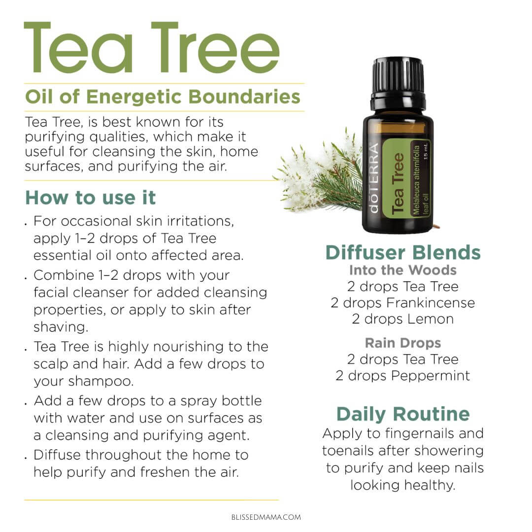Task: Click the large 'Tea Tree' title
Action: (152, 47)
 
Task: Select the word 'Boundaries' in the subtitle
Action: (244, 97)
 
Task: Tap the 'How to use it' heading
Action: (91, 198)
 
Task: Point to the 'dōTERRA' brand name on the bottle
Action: (373, 178)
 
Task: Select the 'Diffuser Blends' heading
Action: (403, 252)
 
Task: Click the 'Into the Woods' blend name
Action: (403, 270)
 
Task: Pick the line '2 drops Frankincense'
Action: (403, 302)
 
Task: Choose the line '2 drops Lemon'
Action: (403, 319)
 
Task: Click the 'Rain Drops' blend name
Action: (403, 343)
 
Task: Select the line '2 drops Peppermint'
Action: (403, 375)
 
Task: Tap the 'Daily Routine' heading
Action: (403, 414)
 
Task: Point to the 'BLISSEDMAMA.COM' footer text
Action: (266, 517)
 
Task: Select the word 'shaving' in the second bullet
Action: (61, 327)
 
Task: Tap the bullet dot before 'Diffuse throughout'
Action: (26, 458)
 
